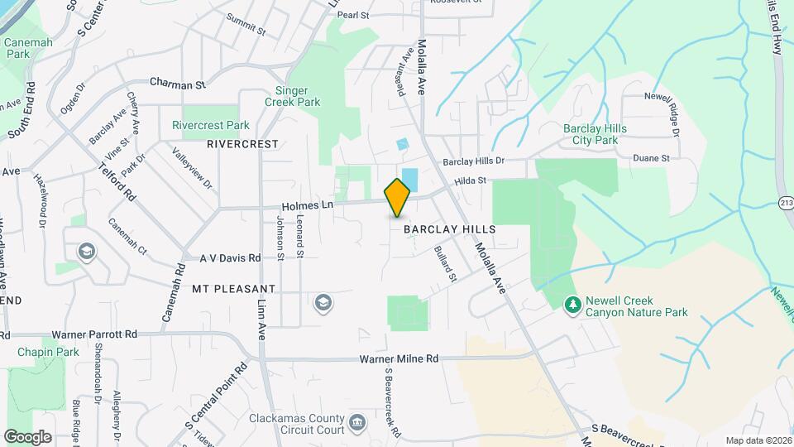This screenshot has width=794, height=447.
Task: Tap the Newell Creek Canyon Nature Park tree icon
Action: point(572,306)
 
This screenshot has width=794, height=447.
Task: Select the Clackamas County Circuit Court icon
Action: point(356,423)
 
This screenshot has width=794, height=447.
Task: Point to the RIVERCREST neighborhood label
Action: point(242,143)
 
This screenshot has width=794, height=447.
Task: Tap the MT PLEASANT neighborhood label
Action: point(233,289)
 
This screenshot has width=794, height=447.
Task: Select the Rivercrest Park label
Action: point(210,126)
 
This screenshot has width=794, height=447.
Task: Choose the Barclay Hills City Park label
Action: point(595,134)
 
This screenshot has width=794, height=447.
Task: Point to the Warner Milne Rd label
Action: point(398,359)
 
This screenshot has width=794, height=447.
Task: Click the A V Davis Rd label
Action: point(230,257)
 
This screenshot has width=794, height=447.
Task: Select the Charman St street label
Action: point(177,84)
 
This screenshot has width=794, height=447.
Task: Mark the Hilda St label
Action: point(469,180)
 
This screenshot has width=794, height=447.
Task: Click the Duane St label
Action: point(651,157)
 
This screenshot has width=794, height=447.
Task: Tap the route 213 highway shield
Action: point(785,202)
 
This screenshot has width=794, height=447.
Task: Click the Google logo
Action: point(27,436)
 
